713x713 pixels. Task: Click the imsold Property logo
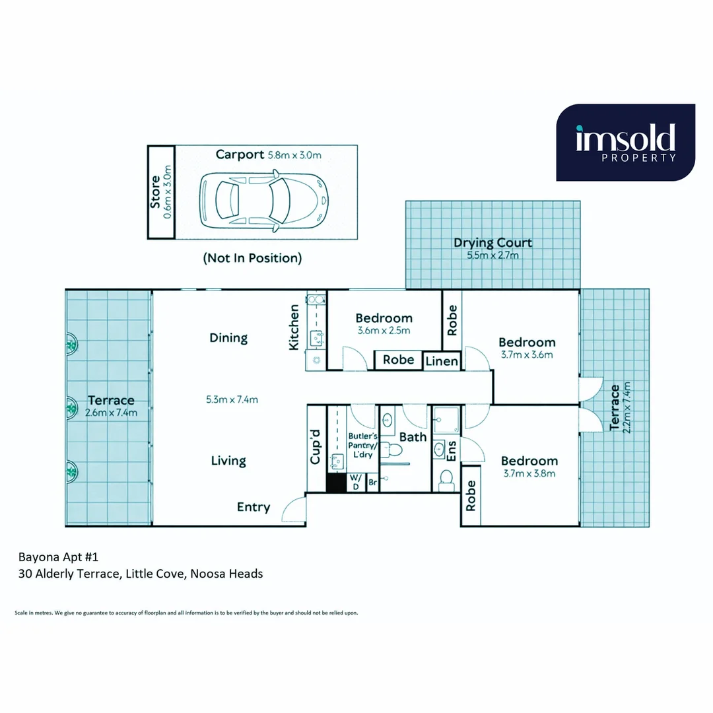tap(625, 143)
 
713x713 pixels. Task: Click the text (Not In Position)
tap(252, 258)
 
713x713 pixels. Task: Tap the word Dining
tap(228, 338)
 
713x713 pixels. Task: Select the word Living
tap(228, 461)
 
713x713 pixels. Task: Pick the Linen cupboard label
tap(441, 362)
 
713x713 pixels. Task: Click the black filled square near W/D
tap(336, 483)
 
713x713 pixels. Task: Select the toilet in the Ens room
tap(446, 477)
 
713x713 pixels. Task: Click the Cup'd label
tap(316, 447)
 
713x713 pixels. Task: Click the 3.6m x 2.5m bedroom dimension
tap(384, 331)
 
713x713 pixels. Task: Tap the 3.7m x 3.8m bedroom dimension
tap(529, 473)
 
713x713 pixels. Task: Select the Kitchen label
tap(294, 327)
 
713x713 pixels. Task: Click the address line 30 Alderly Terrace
tap(141, 574)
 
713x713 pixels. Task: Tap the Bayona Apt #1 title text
tap(59, 557)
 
